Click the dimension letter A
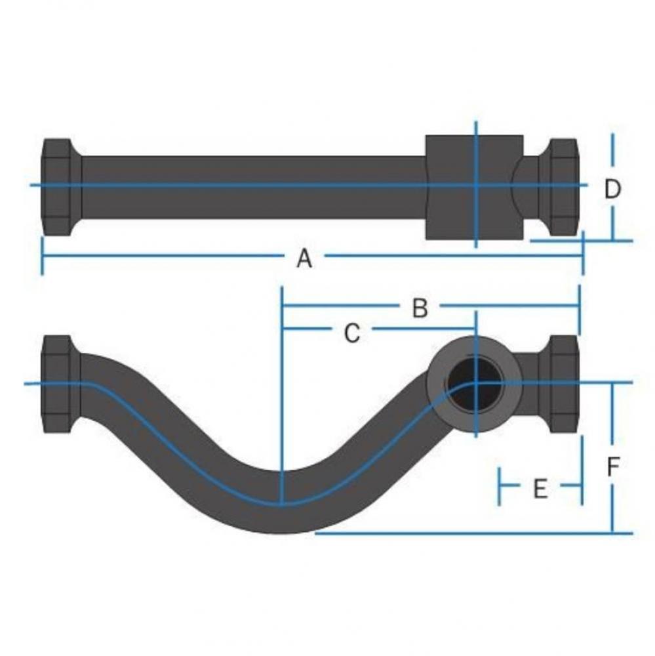(x=304, y=258)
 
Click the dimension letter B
(x=420, y=308)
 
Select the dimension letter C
(x=352, y=333)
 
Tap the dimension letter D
(x=612, y=189)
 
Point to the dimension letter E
(x=540, y=488)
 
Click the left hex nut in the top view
(x=60, y=186)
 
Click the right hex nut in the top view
(x=563, y=186)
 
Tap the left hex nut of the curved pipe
(x=60, y=384)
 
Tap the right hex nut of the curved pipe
(x=563, y=384)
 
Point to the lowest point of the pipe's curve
(x=282, y=518)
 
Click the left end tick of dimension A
(x=43, y=256)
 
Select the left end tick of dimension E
(x=500, y=486)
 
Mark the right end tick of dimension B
(x=579, y=307)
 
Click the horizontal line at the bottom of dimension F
(x=472, y=533)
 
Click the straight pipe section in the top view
(x=252, y=187)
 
